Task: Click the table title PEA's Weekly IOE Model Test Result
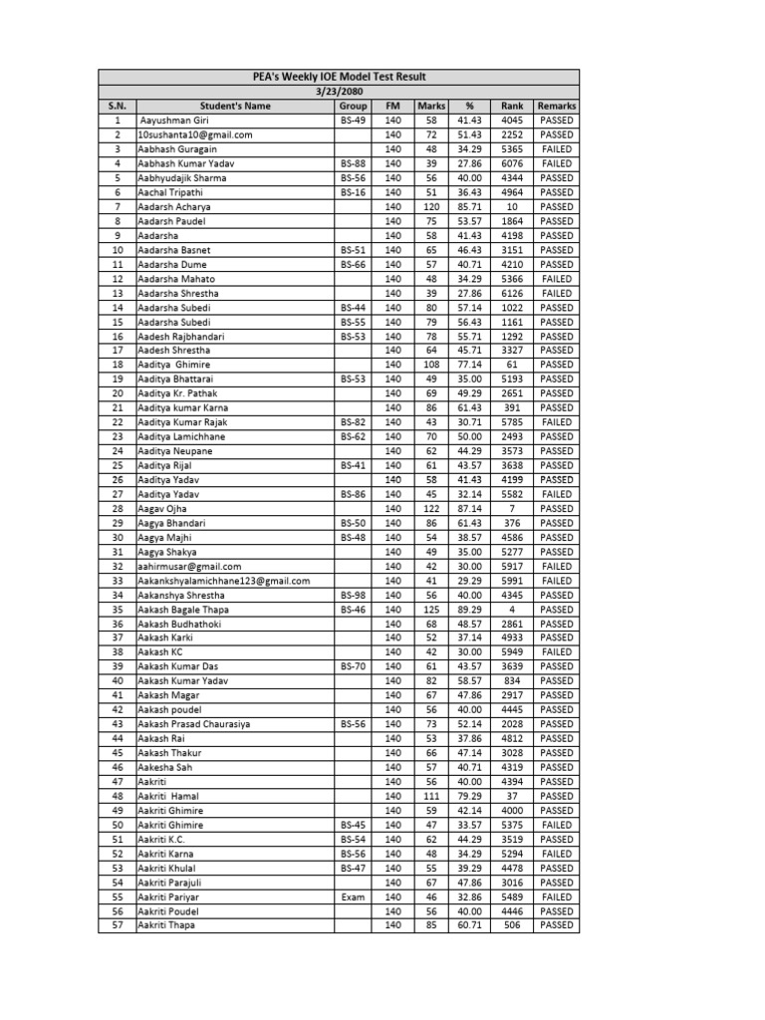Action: (x=340, y=77)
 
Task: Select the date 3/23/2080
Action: (x=340, y=91)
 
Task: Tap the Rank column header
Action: (x=512, y=106)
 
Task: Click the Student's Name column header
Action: (x=235, y=106)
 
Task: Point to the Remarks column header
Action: (x=556, y=106)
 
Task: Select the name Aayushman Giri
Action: (x=174, y=120)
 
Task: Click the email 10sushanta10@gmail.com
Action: (x=195, y=134)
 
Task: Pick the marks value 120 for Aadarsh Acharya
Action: (x=431, y=206)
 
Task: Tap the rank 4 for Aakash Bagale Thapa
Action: (x=512, y=609)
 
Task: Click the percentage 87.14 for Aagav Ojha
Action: (x=469, y=508)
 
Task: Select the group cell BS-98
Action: (x=353, y=595)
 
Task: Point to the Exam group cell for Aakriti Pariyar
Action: (x=353, y=896)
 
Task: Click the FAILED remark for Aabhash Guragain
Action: (x=556, y=148)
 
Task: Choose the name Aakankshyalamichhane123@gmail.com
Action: (x=224, y=581)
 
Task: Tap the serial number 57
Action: (x=117, y=925)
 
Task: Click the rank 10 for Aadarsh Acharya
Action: (x=512, y=206)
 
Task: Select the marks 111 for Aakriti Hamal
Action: (x=431, y=796)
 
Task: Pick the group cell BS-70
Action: (x=353, y=666)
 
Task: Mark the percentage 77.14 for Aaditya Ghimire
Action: (x=469, y=365)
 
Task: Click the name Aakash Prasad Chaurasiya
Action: (x=194, y=724)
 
